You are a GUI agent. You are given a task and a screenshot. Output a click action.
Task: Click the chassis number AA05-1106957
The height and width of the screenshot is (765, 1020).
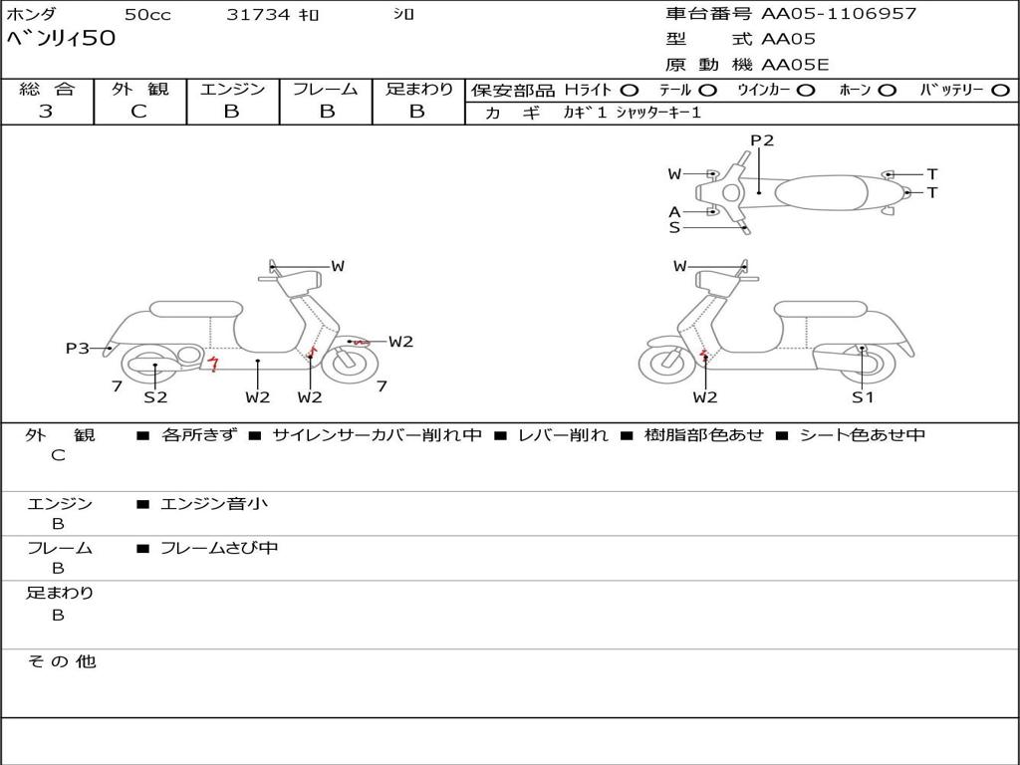point(839,14)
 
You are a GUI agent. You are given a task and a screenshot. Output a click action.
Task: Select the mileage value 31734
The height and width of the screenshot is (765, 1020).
point(258,15)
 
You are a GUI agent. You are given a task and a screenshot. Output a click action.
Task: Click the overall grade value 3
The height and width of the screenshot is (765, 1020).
point(46,112)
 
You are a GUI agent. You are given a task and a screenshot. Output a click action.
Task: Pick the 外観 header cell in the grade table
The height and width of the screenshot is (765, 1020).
point(139,89)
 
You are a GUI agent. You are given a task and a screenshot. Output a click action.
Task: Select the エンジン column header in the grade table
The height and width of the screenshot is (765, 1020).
point(232,89)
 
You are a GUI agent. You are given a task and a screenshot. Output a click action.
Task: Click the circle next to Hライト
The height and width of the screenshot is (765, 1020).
point(629,90)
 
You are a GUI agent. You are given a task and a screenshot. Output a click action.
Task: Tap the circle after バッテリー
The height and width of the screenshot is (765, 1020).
point(1000,90)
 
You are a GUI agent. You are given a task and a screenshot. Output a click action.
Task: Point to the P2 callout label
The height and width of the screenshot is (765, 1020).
point(762,140)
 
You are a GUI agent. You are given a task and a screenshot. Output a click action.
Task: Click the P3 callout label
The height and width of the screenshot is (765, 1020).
point(78,349)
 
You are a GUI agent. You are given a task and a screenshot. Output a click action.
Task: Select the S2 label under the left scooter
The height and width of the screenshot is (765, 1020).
point(155,396)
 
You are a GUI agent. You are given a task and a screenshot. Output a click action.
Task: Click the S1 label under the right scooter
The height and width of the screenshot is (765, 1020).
point(863,396)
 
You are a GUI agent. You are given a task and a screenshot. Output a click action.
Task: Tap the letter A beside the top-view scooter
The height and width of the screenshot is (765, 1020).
point(674,211)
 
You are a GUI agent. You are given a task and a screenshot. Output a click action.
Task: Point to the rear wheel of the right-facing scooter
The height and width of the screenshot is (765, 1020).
point(150,365)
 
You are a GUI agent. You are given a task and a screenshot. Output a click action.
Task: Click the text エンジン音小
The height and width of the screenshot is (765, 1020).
point(214,504)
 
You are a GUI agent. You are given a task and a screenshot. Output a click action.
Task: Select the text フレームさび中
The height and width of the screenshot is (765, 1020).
point(219,548)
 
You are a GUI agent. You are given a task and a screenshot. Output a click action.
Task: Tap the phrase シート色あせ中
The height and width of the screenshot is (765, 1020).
point(863,435)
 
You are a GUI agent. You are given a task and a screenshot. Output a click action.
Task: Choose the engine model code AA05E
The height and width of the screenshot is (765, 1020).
point(795,65)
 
